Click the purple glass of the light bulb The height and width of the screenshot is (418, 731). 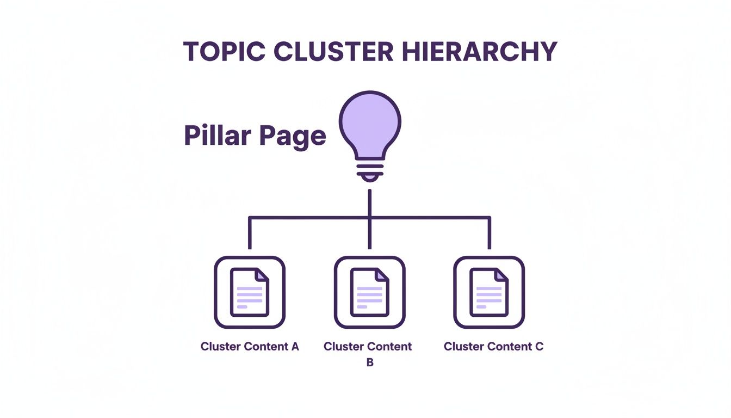click(x=370, y=122)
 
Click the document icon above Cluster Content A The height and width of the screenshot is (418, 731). click(x=250, y=293)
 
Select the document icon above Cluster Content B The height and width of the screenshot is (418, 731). click(x=369, y=293)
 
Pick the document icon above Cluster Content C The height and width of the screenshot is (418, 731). click(x=489, y=293)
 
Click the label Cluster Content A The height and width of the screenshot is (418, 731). click(x=250, y=347)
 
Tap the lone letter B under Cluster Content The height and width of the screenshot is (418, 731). click(x=369, y=362)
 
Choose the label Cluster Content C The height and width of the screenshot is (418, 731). click(x=493, y=347)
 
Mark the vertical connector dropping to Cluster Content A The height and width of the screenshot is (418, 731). click(x=250, y=233)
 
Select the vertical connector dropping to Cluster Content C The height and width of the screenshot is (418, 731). click(x=490, y=233)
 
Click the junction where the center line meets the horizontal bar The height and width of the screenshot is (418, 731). click(x=370, y=218)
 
